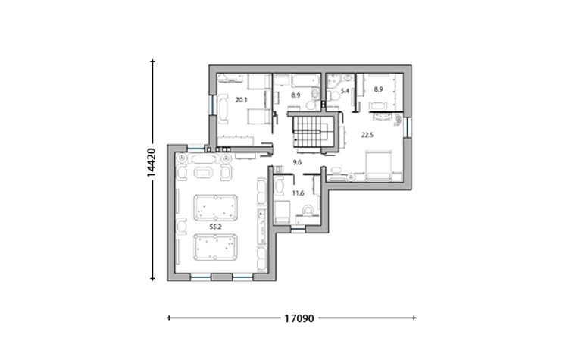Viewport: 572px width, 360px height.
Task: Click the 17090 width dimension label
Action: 299,318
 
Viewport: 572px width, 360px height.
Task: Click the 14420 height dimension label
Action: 152,163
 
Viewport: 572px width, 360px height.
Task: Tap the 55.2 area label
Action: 215,227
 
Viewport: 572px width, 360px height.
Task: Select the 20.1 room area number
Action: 242,100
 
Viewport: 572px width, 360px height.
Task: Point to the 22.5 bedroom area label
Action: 367,135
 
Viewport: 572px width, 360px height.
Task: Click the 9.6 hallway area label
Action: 297,162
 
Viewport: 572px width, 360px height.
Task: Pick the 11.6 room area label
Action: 298,193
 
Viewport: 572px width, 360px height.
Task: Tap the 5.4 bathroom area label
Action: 345,90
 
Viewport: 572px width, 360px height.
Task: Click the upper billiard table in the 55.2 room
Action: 216,208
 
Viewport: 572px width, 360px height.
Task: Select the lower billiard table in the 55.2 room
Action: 216,247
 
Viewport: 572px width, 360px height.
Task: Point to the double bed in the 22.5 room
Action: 379,165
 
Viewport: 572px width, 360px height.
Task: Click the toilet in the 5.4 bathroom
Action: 333,96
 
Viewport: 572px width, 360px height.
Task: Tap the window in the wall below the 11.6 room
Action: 298,230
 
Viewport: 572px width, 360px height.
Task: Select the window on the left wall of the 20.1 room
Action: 212,105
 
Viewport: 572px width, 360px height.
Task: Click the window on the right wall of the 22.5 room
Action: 408,127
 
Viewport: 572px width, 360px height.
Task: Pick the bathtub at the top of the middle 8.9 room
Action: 305,80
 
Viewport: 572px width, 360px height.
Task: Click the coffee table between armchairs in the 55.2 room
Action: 203,172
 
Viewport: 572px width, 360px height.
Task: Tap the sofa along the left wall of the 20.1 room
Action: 223,108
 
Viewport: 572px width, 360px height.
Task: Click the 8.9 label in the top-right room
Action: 378,89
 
